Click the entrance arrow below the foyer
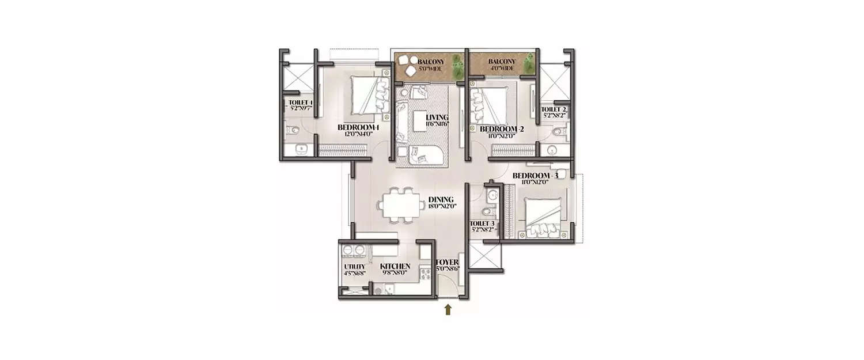point(448,310)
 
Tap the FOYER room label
point(447,263)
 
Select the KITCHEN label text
point(395,266)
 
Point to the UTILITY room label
point(354,266)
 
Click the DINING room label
point(441,199)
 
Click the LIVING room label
point(437,118)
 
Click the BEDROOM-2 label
point(502,128)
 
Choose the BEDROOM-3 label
point(536,175)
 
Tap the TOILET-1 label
point(300,103)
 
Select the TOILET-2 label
point(554,109)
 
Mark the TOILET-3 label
point(482,223)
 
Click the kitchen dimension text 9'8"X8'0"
point(395,272)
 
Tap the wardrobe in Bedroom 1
point(343,151)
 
